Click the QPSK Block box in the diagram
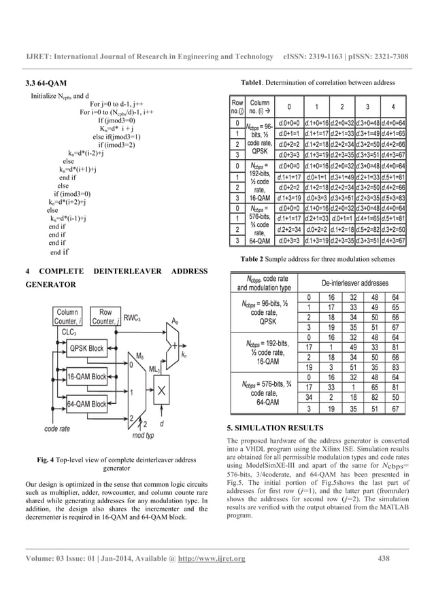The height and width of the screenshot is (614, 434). pyautogui.click(x=87, y=349)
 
